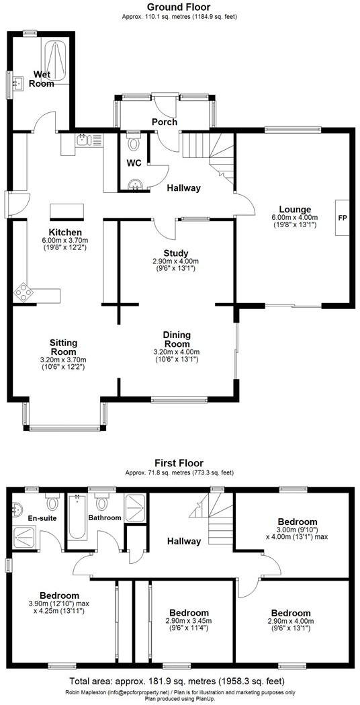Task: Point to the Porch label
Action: (x=164, y=122)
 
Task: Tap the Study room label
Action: (x=176, y=253)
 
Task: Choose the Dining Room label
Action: (x=177, y=339)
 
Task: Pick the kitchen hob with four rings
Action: (x=24, y=291)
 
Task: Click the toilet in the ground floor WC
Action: (x=133, y=142)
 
